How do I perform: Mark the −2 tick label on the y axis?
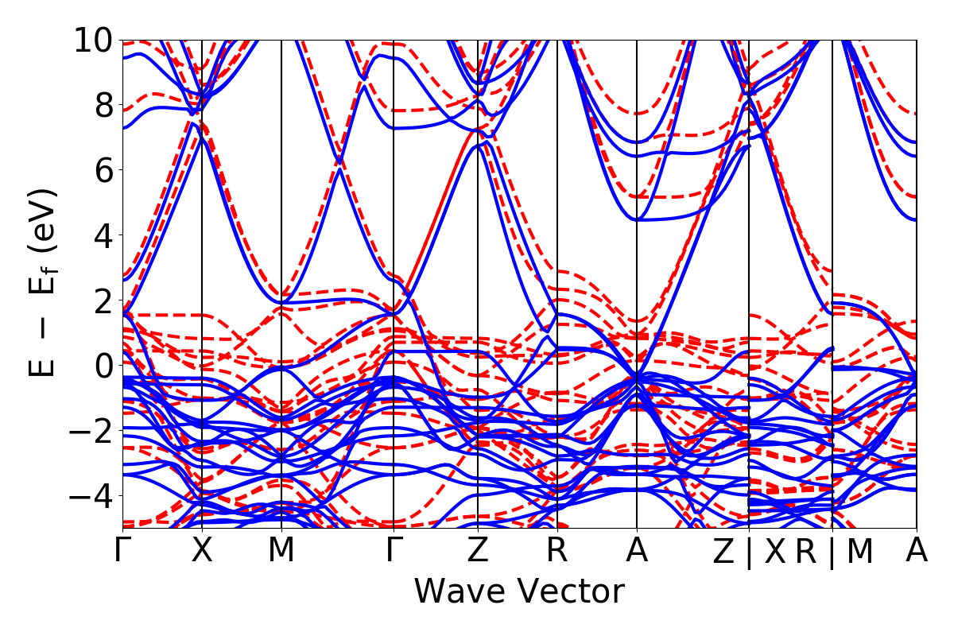point(91,431)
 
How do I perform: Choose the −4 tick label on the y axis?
point(91,496)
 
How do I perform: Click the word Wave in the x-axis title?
point(459,592)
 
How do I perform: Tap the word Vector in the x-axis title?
point(565,592)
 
